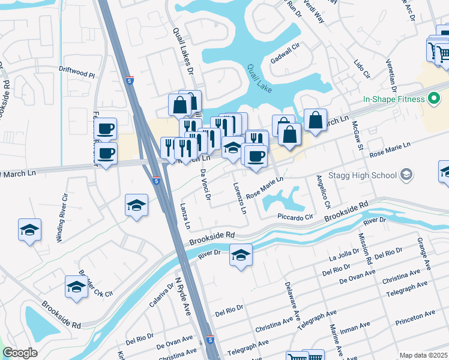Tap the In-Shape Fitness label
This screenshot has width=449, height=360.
coord(393,99)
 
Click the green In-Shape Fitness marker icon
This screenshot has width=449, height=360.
coord(434,99)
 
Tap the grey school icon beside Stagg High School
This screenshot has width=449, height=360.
coord(407,175)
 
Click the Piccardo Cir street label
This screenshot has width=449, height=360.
coord(295,217)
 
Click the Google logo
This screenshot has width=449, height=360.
coord(20,353)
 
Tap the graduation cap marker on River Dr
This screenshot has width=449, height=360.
coord(241,256)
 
